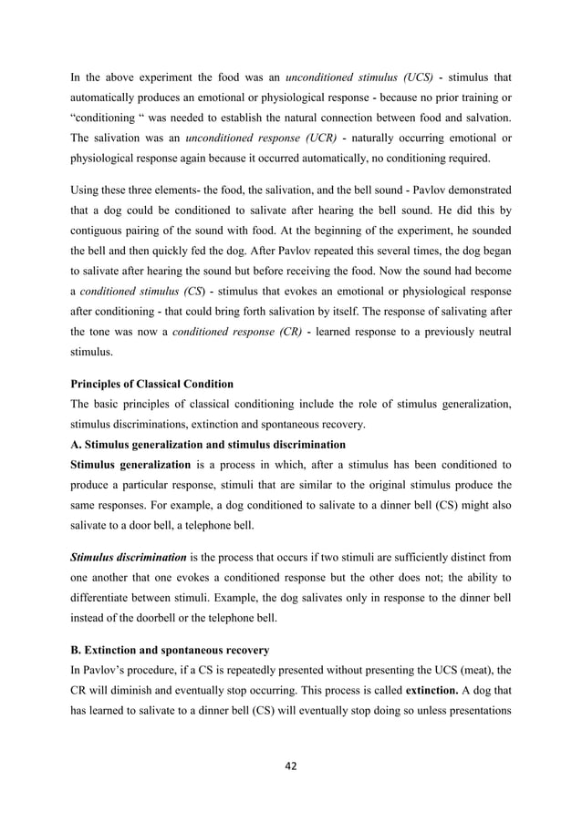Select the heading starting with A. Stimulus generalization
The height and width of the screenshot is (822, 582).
tap(208, 445)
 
